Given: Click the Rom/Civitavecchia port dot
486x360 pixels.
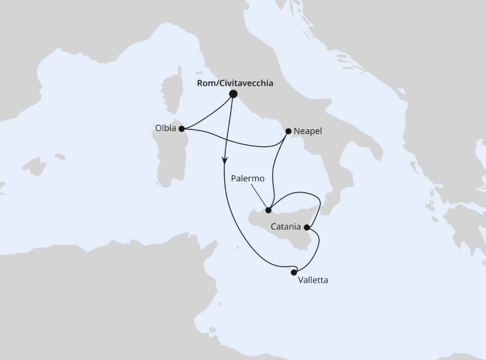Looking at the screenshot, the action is (x=233, y=94).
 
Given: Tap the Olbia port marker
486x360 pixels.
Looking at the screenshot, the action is (x=182, y=128).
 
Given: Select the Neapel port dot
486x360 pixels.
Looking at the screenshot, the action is (x=288, y=131).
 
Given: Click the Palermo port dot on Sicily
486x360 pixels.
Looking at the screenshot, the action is (x=269, y=210).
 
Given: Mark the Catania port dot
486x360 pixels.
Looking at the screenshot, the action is (x=307, y=228).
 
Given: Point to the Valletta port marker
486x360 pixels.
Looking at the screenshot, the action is (x=294, y=273).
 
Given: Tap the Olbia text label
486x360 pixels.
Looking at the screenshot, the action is (x=166, y=128).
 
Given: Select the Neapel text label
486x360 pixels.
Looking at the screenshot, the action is (x=307, y=131).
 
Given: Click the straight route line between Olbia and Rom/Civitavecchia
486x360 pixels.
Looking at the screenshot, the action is (x=207, y=111).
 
